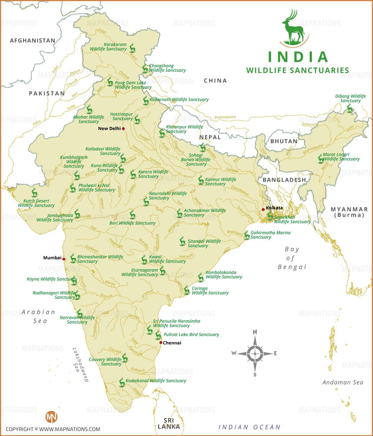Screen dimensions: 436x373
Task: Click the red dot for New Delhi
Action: click(123, 129)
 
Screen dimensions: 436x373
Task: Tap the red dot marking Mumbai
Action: click(64, 259)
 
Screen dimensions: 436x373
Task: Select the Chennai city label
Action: click(172, 343)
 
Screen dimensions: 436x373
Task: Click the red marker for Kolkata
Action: click(263, 209)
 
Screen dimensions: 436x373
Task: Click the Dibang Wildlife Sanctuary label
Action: click(350, 98)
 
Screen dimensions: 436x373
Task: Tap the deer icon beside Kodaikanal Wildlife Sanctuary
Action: click(121, 382)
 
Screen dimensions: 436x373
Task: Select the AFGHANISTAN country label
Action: click(33, 40)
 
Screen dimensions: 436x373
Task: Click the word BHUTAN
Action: click(284, 141)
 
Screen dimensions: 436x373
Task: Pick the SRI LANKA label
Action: click(169, 423)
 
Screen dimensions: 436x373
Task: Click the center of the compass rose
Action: click(255, 353)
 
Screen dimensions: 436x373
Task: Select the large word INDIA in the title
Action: click(298, 57)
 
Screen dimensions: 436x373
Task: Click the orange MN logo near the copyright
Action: click(51, 417)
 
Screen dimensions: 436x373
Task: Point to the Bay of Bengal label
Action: click(292, 258)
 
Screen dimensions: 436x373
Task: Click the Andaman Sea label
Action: click(343, 382)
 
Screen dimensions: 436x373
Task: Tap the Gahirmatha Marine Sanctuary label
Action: click(270, 235)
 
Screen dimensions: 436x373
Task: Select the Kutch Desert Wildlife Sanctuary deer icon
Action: click(34, 193)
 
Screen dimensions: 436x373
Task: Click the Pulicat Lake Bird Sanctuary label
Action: click(191, 334)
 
